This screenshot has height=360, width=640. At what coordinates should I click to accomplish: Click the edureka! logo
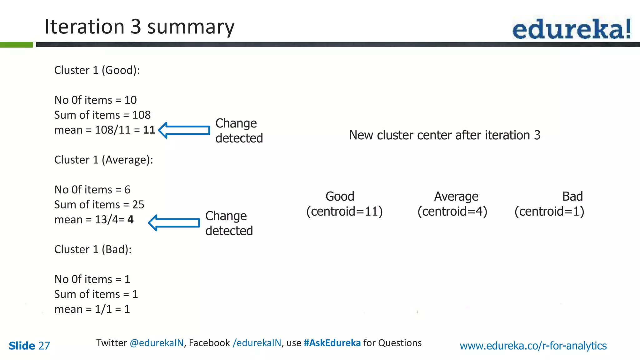pos(571,29)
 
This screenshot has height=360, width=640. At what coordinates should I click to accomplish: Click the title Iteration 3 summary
pos(139,27)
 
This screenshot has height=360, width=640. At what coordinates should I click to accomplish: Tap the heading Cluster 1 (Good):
pos(97,70)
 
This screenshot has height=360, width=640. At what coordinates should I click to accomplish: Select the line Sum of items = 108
pos(102,115)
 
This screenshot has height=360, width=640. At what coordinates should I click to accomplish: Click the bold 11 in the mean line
pos(149,130)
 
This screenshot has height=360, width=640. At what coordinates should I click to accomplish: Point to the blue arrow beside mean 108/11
pos(184,130)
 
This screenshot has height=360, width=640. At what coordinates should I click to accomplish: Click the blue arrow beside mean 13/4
pos(174,223)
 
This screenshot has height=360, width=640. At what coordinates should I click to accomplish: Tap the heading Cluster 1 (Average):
pos(103,160)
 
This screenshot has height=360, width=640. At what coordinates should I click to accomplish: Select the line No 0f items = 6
pos(92,190)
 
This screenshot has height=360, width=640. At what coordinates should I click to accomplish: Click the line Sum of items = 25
pos(99,205)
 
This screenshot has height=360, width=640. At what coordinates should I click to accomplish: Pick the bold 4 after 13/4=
pos(130,220)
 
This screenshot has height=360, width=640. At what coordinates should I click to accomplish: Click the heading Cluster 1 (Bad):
pos(93,249)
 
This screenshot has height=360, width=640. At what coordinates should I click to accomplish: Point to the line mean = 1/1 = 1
pos(92,309)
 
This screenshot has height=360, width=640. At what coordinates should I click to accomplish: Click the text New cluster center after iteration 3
pos(444,135)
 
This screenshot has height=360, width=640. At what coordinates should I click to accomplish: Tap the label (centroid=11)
pos(344,212)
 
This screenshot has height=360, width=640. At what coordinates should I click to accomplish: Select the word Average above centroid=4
pos(456,197)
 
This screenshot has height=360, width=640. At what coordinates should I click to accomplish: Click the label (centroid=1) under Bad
pos(549,212)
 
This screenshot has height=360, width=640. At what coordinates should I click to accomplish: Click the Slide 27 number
pos(29,346)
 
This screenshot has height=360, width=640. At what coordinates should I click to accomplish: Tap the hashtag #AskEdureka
pos(332,343)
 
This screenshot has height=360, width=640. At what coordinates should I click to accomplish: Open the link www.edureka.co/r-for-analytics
pos(533,346)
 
